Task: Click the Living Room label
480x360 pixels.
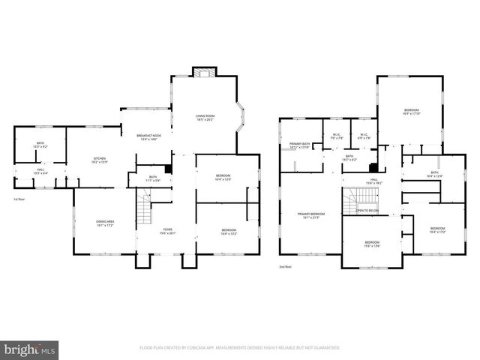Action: (x=205, y=117)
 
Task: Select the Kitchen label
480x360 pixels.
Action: (x=99, y=160)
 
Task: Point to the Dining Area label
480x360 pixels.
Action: (x=104, y=223)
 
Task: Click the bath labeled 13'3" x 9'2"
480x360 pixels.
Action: (x=40, y=145)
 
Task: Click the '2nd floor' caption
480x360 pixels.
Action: (x=285, y=266)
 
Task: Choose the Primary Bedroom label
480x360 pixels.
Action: (x=309, y=215)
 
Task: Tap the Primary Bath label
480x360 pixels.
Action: (x=299, y=146)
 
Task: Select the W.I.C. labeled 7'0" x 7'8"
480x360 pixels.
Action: (x=337, y=136)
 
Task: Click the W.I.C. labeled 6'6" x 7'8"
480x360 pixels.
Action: (x=364, y=136)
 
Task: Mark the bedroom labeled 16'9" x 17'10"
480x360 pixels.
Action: (x=410, y=112)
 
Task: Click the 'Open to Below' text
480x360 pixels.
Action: (x=367, y=211)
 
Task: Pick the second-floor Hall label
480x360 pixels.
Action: (x=373, y=181)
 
